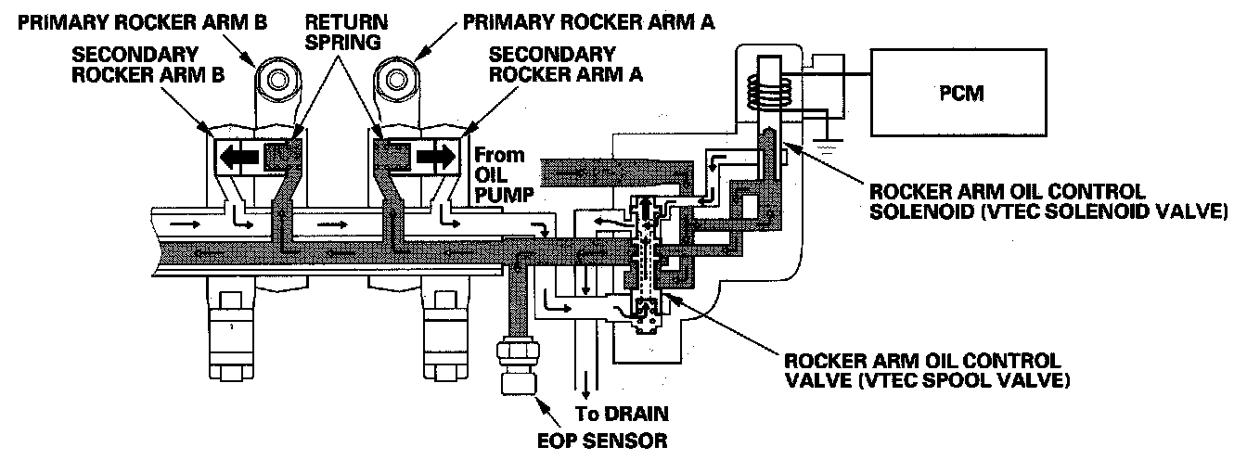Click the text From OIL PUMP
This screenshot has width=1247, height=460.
pyautogui.click(x=499, y=173)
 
